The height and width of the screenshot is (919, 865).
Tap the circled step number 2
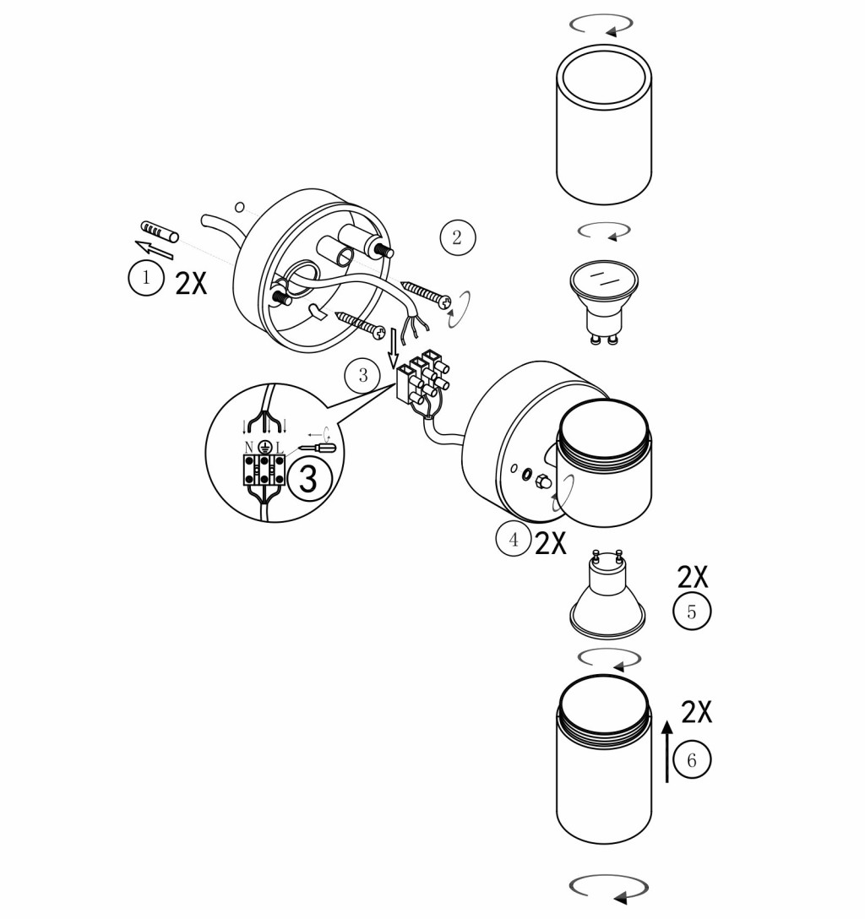point(458,237)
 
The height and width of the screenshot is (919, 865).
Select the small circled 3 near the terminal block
point(362,375)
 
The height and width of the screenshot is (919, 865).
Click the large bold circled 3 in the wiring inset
point(308,479)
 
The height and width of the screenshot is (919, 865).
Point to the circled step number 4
point(514,539)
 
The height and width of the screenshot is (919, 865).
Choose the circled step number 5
point(692,612)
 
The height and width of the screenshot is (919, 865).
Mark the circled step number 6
point(692,759)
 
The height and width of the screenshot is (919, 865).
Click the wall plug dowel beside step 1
point(160,231)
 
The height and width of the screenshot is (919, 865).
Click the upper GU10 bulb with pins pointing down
point(604,302)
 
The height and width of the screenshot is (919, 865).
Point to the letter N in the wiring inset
point(249,448)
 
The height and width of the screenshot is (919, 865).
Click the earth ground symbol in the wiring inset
point(264,448)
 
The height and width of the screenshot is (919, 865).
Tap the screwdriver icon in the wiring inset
point(317,448)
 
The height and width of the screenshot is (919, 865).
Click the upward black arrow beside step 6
point(667,752)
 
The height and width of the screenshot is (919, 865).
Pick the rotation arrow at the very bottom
point(609,889)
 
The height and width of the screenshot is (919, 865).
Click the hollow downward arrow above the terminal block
point(394,346)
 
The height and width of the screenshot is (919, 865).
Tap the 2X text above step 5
point(692,577)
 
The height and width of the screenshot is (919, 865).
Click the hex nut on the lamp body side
point(542,481)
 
